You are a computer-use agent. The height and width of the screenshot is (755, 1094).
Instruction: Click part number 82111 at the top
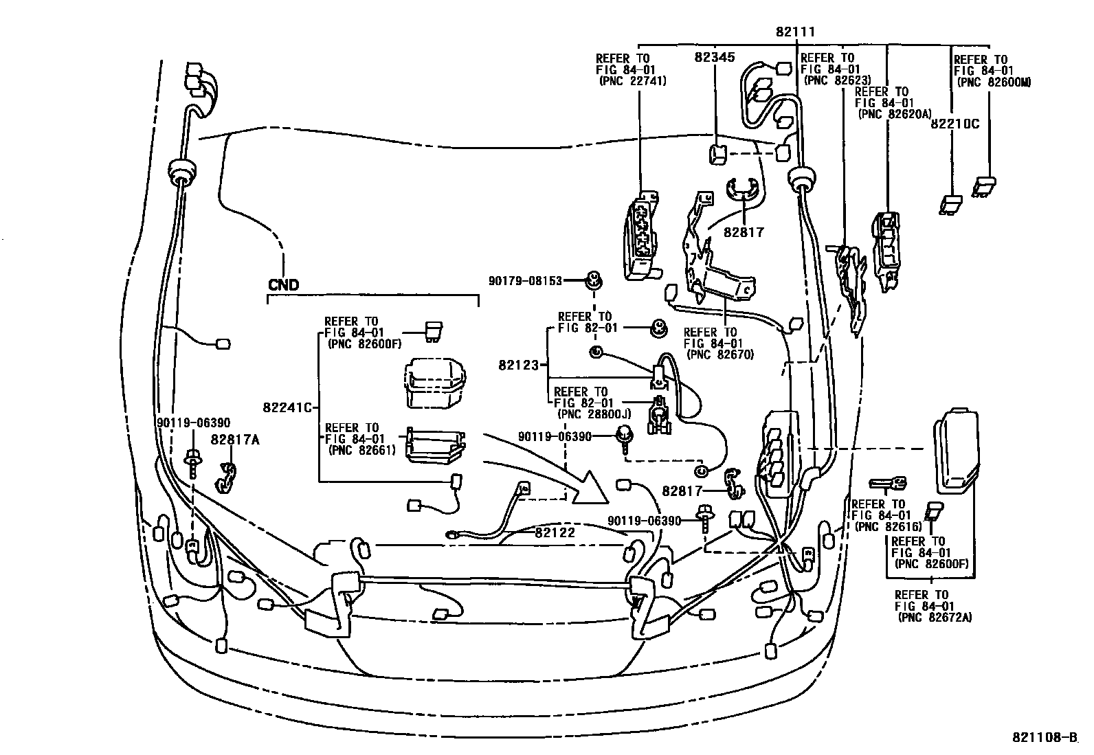[x=796, y=32]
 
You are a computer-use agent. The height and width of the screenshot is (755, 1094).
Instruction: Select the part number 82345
[x=716, y=58]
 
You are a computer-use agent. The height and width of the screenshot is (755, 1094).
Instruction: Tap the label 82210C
[x=955, y=124]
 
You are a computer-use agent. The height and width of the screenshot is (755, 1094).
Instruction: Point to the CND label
[x=284, y=284]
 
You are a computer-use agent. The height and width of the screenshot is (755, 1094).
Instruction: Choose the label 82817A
[x=235, y=440]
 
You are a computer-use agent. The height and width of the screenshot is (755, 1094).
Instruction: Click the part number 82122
[x=555, y=531]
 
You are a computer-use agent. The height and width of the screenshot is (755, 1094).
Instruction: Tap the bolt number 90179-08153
[x=525, y=280]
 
